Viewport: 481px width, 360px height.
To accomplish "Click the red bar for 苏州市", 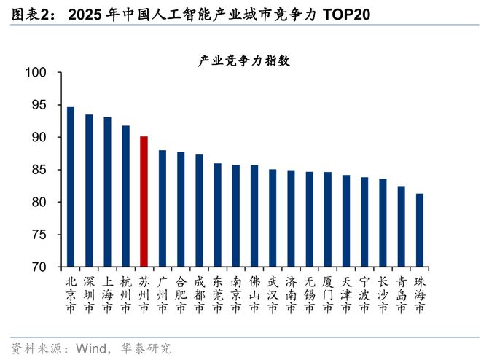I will [x=144, y=201].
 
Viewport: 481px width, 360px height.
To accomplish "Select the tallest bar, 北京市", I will [x=71, y=187].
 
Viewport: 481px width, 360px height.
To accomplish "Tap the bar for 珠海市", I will [x=419, y=230].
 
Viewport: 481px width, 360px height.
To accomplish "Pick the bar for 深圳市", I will [x=89, y=190].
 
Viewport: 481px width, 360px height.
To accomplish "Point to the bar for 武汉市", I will [x=273, y=218].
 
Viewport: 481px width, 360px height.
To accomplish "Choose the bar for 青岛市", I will [x=401, y=226].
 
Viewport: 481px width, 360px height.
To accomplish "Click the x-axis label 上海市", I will [x=107, y=294].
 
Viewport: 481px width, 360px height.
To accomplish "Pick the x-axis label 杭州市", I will [x=125, y=294].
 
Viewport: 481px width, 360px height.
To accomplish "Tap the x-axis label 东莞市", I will [x=217, y=294].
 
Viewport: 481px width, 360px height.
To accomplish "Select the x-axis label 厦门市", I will [x=327, y=294].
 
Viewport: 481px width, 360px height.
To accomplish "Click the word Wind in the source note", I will [x=81, y=348].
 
